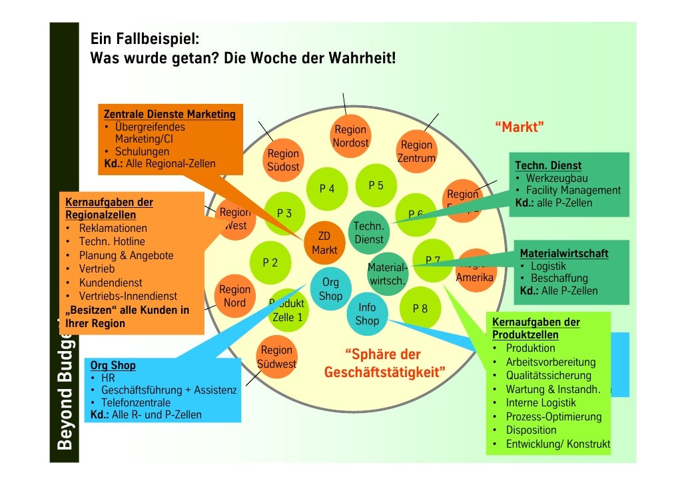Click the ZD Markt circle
(324, 243)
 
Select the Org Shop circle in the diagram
(330, 289)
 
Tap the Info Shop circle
(367, 314)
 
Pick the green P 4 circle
(327, 189)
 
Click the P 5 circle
(376, 185)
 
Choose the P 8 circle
(420, 308)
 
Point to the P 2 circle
(270, 262)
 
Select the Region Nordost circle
(350, 137)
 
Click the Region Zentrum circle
(416, 152)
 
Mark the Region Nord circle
(234, 296)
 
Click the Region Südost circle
(283, 161)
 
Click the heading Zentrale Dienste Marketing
(169, 114)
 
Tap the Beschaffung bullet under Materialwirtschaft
(559, 278)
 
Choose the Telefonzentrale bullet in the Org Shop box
(135, 402)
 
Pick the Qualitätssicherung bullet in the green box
(548, 376)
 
